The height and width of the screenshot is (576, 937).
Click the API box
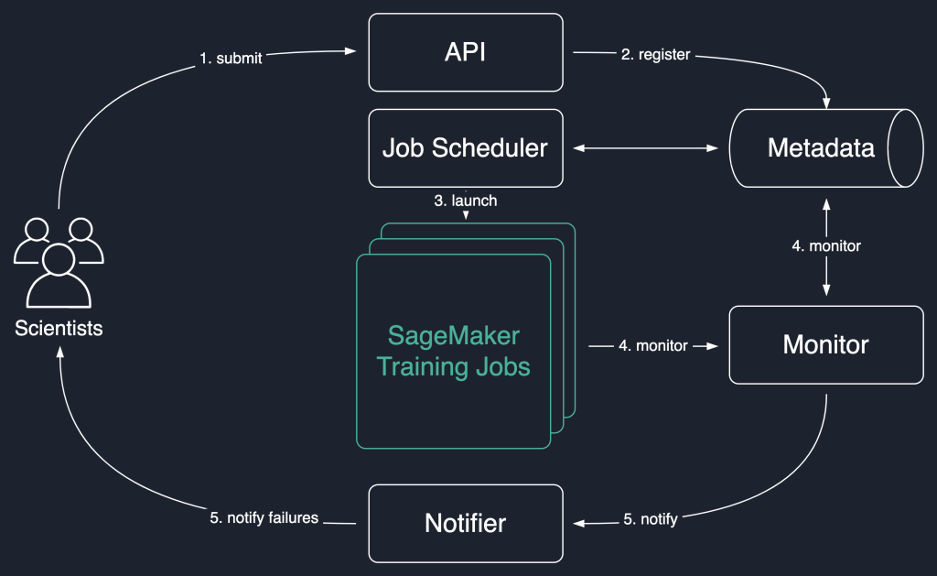tap(466, 52)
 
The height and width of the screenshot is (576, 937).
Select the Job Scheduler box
tap(466, 147)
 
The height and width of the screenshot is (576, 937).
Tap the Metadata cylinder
tap(821, 147)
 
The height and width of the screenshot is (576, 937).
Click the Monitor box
tap(825, 344)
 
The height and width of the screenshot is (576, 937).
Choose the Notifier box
tap(466, 523)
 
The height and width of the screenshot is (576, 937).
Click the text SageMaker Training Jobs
tap(454, 351)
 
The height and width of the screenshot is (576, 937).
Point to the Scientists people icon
tap(59, 263)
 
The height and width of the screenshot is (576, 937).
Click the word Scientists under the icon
tap(59, 328)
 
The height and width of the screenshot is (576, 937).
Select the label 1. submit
tap(231, 59)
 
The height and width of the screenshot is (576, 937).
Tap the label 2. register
tap(655, 55)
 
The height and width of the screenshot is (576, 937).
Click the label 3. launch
tap(466, 200)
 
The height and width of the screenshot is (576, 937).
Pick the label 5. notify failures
tap(264, 518)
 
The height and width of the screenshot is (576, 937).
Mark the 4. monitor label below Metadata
tap(826, 245)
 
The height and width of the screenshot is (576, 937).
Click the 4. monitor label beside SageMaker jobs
tap(653, 346)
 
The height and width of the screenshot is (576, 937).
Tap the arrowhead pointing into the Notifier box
tap(578, 524)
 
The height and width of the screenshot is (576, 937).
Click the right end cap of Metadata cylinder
tap(908, 147)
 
